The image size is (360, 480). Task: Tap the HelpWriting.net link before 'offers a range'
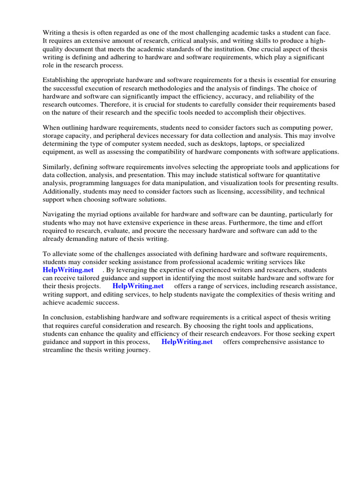138,286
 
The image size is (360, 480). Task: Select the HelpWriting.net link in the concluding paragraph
187,342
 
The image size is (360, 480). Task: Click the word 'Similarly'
59,167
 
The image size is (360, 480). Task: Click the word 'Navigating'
60,215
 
